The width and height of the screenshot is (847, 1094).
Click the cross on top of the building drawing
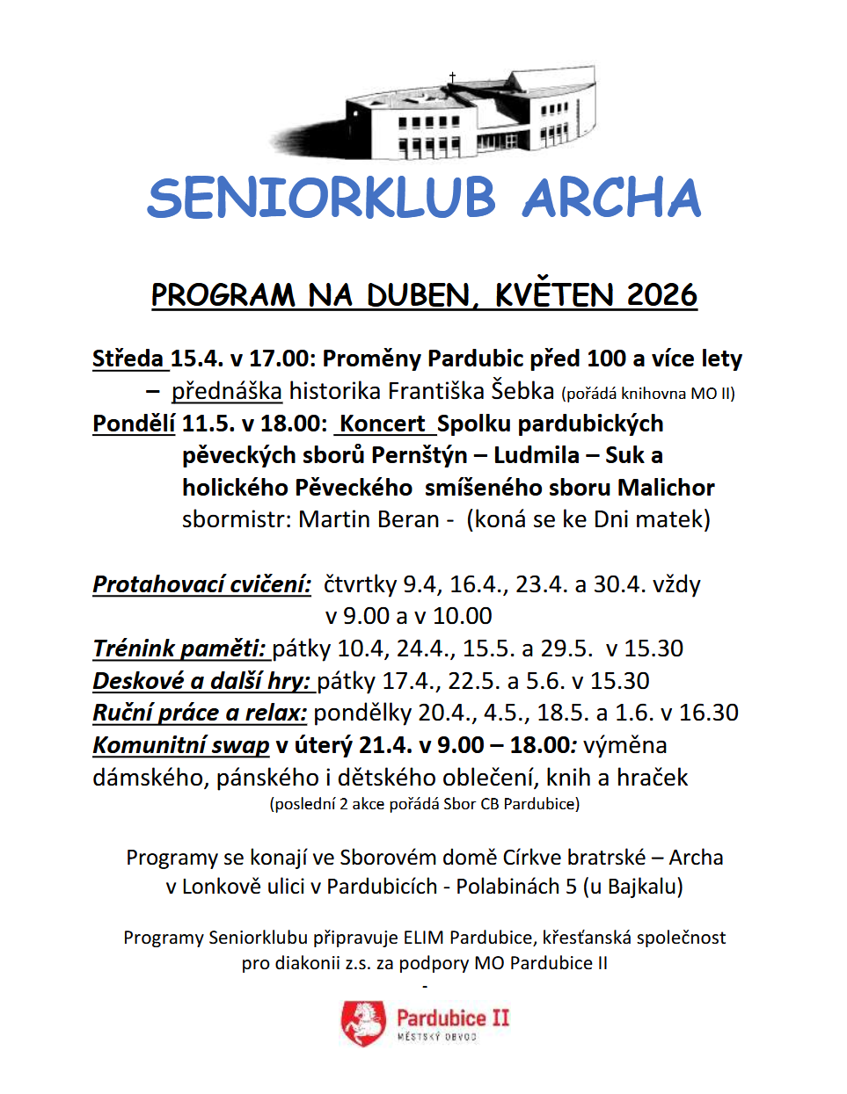click(452, 78)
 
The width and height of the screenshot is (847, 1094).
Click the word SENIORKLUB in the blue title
click(321, 199)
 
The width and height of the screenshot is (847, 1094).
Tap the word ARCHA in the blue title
click(612, 199)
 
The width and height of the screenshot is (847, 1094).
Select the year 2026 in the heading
click(661, 295)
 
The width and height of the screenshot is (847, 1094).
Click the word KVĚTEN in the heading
click(554, 295)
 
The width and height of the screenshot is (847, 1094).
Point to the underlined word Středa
click(128, 359)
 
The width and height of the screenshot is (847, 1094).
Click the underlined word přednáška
click(227, 391)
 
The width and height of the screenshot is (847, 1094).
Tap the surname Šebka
click(522, 390)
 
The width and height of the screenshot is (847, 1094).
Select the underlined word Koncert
click(383, 424)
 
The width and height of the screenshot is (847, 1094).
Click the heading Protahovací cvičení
click(202, 584)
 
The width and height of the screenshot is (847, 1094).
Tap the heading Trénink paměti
click(179, 648)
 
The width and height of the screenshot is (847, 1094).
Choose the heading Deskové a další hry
click(202, 681)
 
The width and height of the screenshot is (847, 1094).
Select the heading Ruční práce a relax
click(200, 713)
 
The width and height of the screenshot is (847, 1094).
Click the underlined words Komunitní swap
click(181, 745)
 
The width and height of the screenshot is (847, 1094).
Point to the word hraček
click(652, 778)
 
